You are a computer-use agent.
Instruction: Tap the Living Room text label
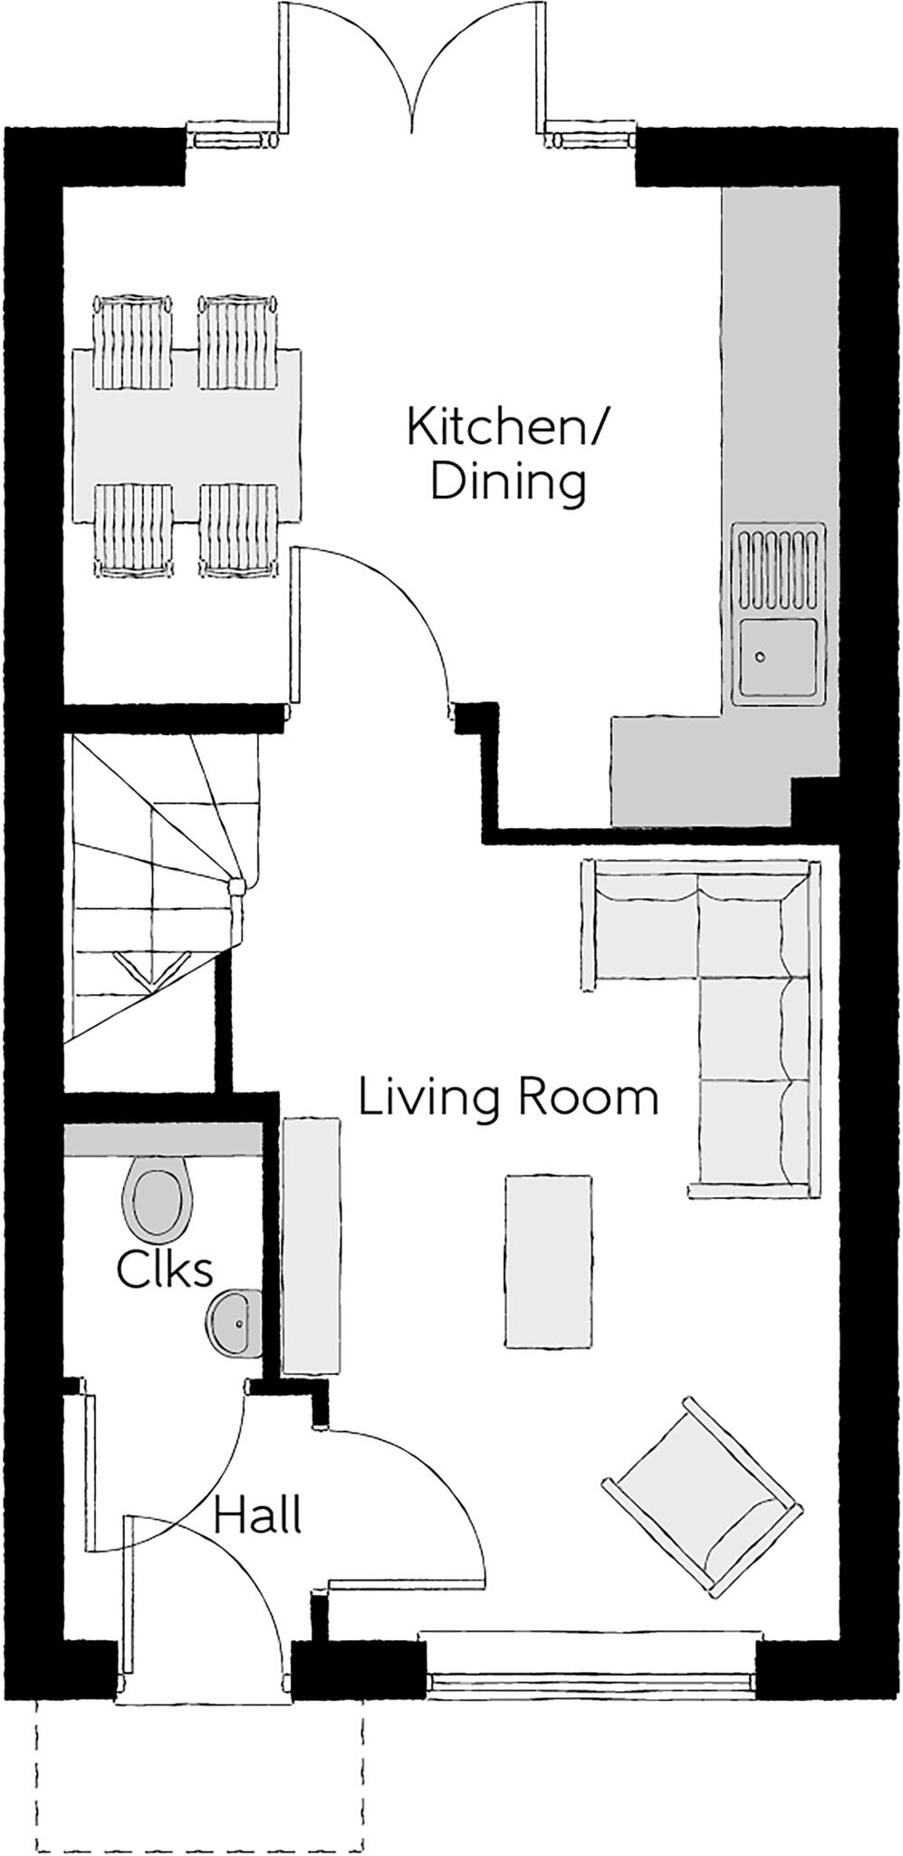tap(508, 1097)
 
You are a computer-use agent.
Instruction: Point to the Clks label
tap(165, 1271)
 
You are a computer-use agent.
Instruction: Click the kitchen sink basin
tap(777, 656)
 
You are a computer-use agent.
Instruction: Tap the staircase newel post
tap(237, 887)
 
